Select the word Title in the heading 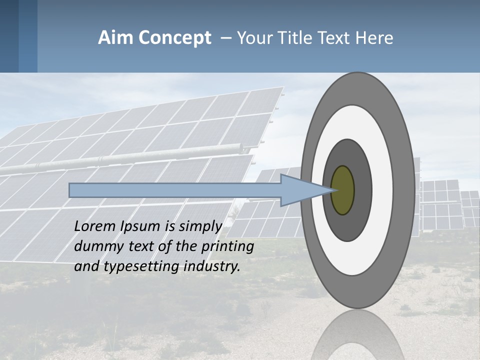coord(297,38)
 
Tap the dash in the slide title coord(225,38)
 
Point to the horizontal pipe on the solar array coord(125,159)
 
